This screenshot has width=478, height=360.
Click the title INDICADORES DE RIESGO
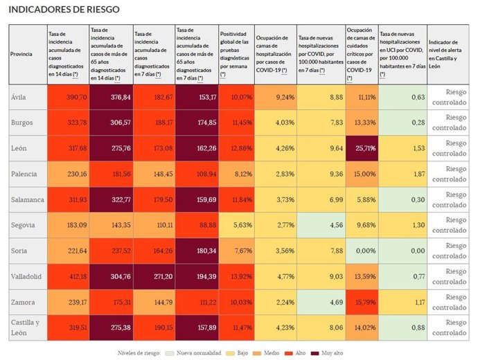63,10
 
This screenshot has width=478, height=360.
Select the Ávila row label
19,98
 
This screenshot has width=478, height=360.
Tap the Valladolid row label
26,277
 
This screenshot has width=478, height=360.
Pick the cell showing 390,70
74,98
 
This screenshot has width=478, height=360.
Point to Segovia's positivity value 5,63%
235,225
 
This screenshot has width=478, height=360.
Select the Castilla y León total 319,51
74,328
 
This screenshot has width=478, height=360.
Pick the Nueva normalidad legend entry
196,352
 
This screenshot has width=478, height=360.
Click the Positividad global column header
235,54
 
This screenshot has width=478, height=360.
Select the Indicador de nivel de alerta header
449,54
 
